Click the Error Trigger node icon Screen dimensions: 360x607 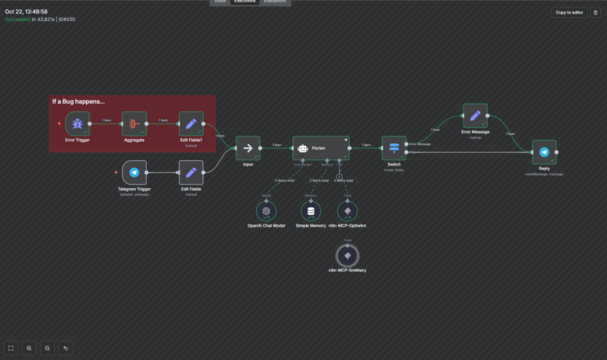(x=78, y=123)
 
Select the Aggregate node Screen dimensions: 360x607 (x=134, y=123)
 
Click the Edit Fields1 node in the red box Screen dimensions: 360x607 (x=191, y=123)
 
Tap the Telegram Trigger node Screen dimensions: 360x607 (x=134, y=172)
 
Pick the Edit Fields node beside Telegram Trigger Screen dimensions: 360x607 (x=191, y=172)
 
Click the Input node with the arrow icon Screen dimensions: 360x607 (x=248, y=148)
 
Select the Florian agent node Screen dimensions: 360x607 (x=319, y=148)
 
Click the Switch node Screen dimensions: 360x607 (x=394, y=148)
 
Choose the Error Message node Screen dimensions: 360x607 (x=475, y=116)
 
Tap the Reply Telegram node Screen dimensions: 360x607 (x=544, y=152)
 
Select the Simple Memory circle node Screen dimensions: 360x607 (x=310, y=211)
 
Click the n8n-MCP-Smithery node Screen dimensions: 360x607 (x=346, y=254)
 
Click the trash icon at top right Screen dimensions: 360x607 (x=595, y=13)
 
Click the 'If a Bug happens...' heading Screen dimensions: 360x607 (x=78, y=102)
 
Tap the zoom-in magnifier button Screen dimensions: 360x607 (x=30, y=347)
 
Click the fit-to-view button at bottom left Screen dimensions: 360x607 (x=11, y=347)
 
